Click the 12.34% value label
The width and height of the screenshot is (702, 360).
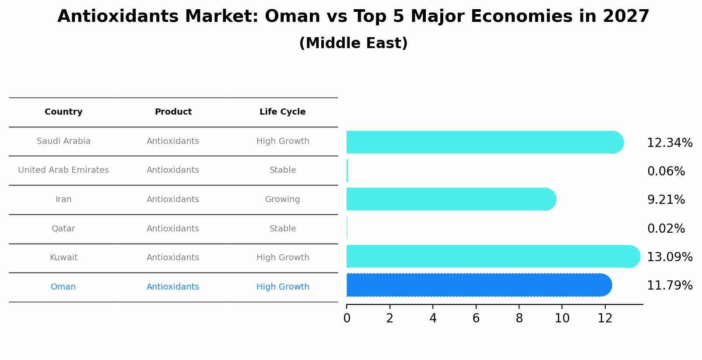[x=669, y=143]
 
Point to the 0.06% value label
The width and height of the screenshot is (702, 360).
[x=666, y=171]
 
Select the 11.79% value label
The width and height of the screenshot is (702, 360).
[x=669, y=286]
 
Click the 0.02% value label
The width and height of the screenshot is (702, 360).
[x=666, y=229]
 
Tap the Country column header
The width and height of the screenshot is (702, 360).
[x=63, y=112]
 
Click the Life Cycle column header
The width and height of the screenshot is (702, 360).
[x=282, y=112]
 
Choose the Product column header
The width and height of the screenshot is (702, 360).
[x=173, y=112]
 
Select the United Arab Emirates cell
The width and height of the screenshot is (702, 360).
[x=63, y=170]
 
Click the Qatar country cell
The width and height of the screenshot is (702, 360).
[x=63, y=229]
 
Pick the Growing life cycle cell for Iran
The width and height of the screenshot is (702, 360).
[x=282, y=199]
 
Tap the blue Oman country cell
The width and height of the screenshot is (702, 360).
[x=63, y=287]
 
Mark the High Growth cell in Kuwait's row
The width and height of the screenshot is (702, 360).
[x=282, y=258]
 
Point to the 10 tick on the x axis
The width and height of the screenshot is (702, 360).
[x=562, y=318]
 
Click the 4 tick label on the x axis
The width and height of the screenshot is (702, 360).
[x=433, y=318]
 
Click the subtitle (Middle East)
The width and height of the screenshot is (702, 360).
[x=353, y=43]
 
